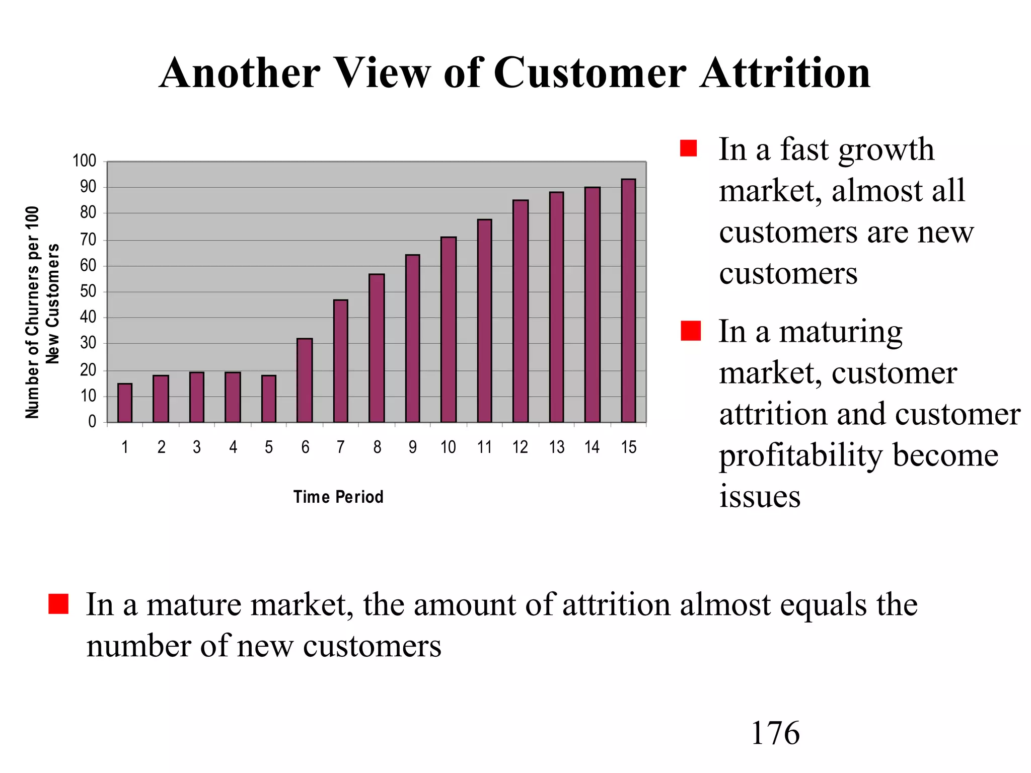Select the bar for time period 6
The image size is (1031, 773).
click(305, 380)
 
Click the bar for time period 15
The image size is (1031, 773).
click(628, 301)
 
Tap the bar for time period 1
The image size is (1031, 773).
click(125, 403)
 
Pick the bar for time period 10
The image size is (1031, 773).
click(448, 330)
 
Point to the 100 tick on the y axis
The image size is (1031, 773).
click(85, 161)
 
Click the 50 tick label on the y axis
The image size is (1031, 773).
click(88, 291)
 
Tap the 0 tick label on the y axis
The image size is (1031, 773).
click(92, 422)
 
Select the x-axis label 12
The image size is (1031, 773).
click(520, 447)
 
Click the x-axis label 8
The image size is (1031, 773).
click(377, 447)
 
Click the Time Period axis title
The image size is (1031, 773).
click(338, 497)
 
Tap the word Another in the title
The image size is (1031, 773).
click(240, 73)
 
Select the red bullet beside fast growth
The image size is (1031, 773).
click(688, 148)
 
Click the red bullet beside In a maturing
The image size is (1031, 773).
click(690, 331)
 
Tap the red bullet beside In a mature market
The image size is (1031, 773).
click(58, 603)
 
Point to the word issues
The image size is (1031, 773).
click(759, 496)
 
